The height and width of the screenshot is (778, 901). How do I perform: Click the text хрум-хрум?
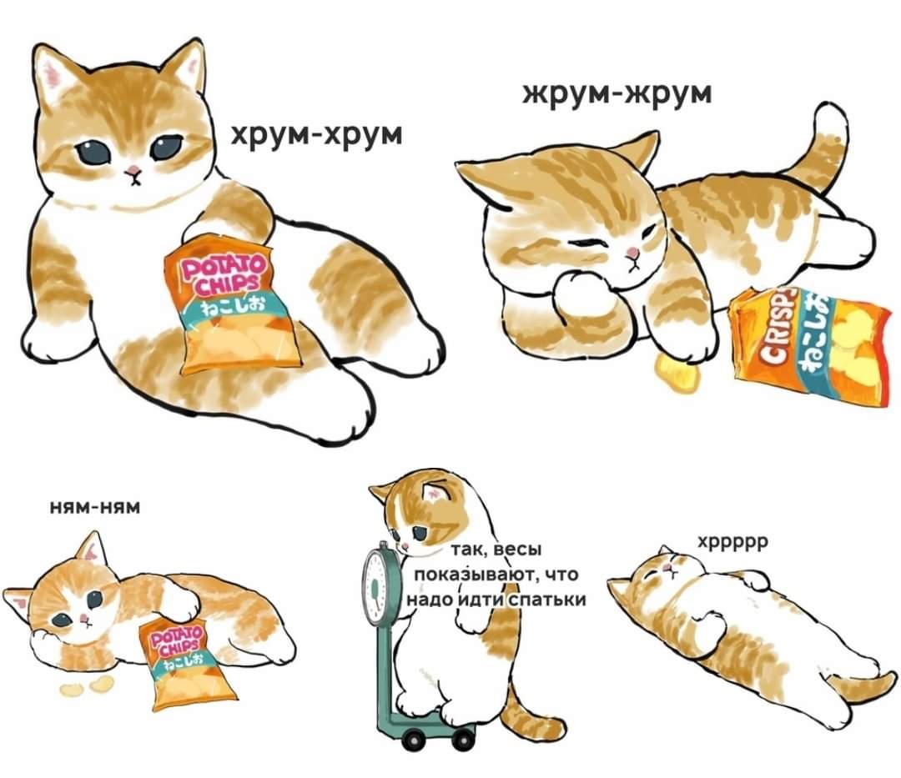[317, 136]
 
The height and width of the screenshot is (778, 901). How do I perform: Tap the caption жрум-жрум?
[617, 93]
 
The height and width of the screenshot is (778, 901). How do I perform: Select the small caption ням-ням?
[95, 507]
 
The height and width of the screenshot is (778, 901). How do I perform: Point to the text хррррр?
[732, 543]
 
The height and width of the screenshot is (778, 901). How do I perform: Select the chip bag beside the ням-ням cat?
[186, 664]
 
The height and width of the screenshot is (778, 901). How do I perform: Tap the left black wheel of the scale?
[410, 740]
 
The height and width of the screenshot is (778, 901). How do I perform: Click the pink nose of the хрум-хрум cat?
[133, 171]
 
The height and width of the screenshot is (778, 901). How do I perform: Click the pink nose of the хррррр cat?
[667, 568]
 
